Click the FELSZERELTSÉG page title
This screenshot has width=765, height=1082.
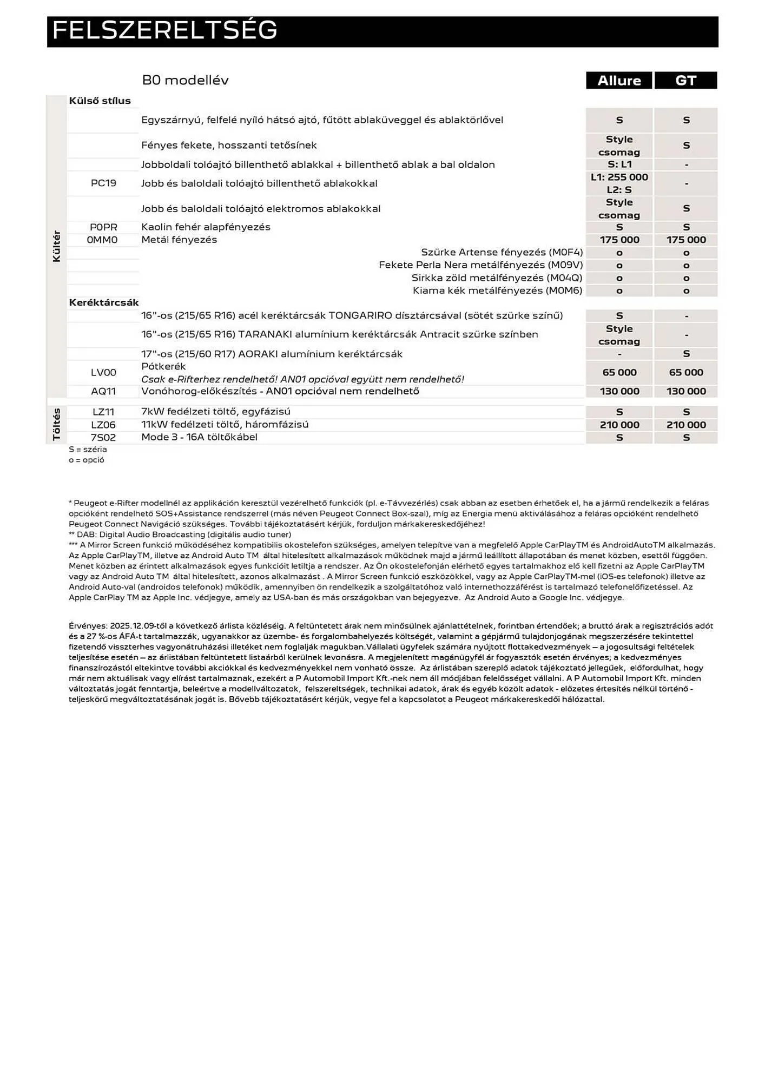[164, 31]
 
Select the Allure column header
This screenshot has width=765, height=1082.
[619, 81]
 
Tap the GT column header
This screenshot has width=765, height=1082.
[685, 81]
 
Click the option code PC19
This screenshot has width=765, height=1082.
[103, 183]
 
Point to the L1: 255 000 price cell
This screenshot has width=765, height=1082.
[619, 177]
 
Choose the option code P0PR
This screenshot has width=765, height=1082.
[103, 227]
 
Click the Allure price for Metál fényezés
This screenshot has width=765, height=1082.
[619, 240]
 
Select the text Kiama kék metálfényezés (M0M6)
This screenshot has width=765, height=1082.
[497, 291]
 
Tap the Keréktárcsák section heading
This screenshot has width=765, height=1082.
[104, 302]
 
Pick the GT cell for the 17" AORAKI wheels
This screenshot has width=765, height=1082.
[685, 354]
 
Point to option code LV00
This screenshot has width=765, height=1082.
[103, 372]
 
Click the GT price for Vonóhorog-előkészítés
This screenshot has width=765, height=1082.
[685, 391]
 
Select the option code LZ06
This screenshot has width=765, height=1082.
[103, 425]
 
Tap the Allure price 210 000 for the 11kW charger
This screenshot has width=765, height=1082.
[619, 425]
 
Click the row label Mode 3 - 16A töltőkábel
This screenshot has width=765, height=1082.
[199, 437]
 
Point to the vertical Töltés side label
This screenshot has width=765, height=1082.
[57, 425]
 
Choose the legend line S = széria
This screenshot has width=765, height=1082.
[88, 449]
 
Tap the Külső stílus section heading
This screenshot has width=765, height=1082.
[100, 101]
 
